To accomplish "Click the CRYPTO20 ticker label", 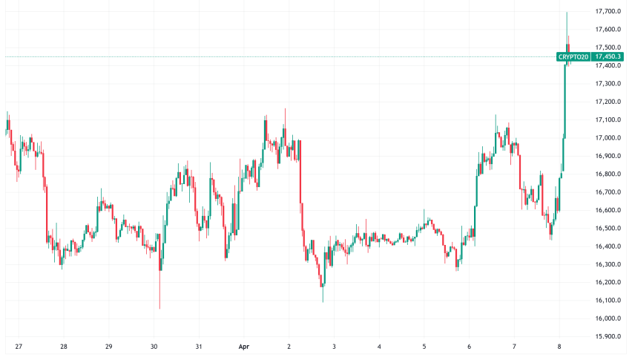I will pyautogui.click(x=573, y=56).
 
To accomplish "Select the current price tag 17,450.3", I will pyautogui.click(x=608, y=56).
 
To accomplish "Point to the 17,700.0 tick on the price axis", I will pyautogui.click(x=608, y=12).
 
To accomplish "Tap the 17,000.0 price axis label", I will pyautogui.click(x=608, y=138).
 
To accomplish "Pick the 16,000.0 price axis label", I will pyautogui.click(x=608, y=318).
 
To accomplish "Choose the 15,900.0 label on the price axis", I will pyautogui.click(x=608, y=337).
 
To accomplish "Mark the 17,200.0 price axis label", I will pyautogui.click(x=608, y=102).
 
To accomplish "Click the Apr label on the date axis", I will pyautogui.click(x=244, y=347).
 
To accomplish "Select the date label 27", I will pyautogui.click(x=19, y=347).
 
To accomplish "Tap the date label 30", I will pyautogui.click(x=154, y=347).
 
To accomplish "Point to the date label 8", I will pyautogui.click(x=559, y=347).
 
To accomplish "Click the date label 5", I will pyautogui.click(x=424, y=347).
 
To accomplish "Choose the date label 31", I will pyautogui.click(x=199, y=347).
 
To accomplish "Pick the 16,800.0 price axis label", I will pyautogui.click(x=608, y=174).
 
